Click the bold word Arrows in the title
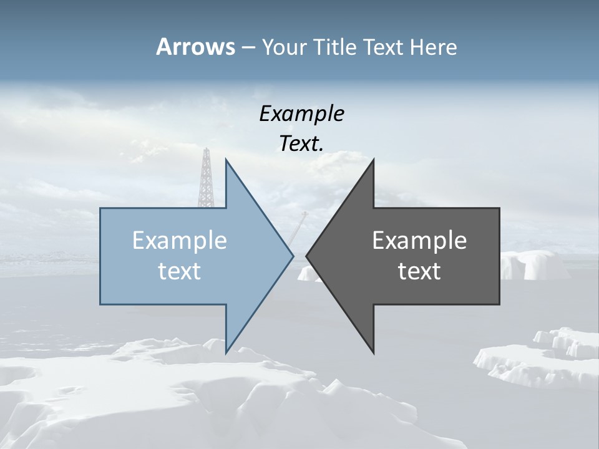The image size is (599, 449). tap(195, 47)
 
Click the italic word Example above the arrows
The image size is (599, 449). tap(302, 114)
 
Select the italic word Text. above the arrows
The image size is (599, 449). tap(302, 144)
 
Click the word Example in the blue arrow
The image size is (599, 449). tap(180, 241)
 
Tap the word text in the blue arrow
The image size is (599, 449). tap(180, 271)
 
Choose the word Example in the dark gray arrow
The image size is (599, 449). tap(419, 241)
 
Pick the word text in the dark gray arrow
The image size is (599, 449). tap(419, 271)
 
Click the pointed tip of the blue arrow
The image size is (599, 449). tap(293, 256)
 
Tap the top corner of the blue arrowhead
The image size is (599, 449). tap(226, 160)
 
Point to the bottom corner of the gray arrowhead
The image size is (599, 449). tap(373, 353)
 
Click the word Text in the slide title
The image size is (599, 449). tap(384, 47)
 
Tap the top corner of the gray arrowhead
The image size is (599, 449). tap(373, 160)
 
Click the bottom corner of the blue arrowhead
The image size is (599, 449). tap(226, 352)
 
